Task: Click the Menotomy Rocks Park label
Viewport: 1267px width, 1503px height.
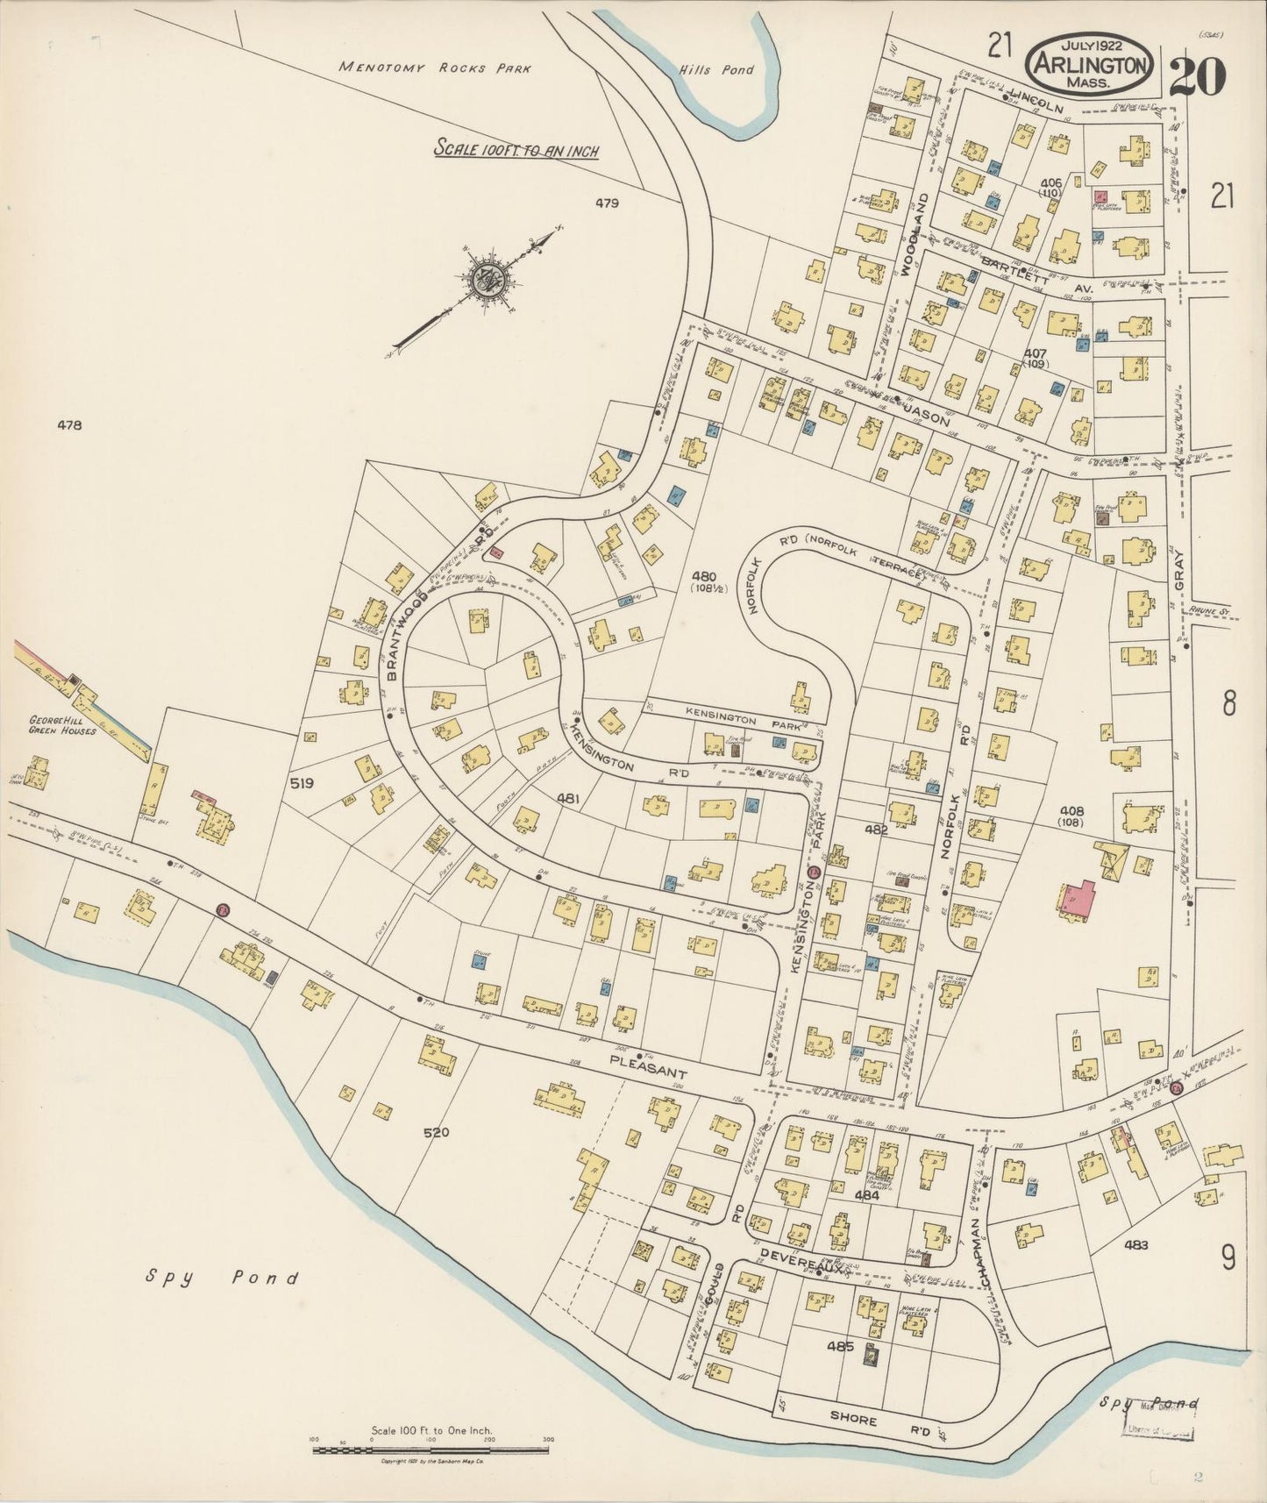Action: pyautogui.click(x=435, y=68)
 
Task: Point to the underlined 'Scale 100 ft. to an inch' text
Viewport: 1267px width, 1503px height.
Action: pyautogui.click(x=516, y=151)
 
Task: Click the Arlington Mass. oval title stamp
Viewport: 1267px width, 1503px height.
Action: pyautogui.click(x=1090, y=64)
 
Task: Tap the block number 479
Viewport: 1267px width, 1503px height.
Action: pyautogui.click(x=607, y=203)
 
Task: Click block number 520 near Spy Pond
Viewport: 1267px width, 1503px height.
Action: pyautogui.click(x=436, y=1133)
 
